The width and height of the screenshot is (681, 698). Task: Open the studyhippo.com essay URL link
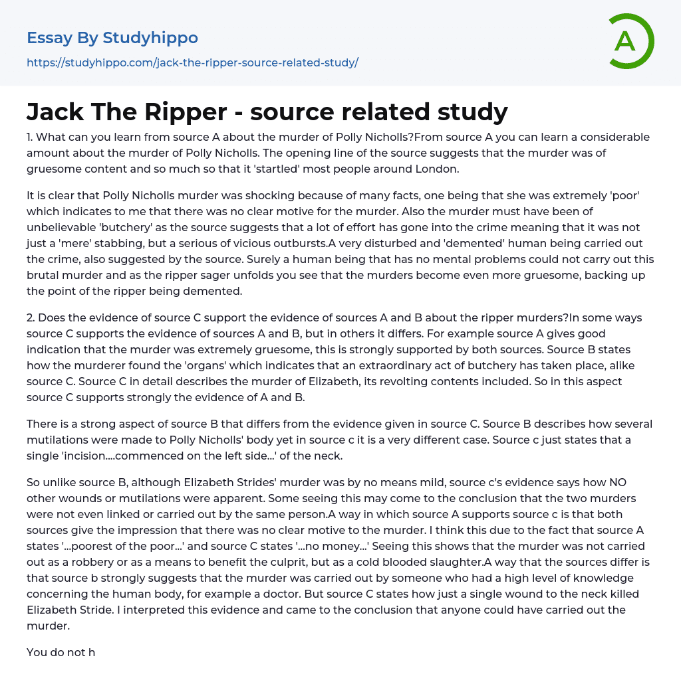[192, 62]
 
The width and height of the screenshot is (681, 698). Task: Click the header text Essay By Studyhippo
[112, 38]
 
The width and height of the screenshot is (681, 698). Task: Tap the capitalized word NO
[618, 482]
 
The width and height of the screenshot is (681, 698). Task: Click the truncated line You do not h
[61, 652]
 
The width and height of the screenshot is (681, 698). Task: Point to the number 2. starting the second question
[31, 317]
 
